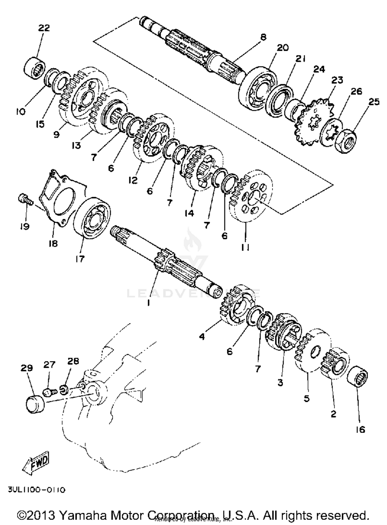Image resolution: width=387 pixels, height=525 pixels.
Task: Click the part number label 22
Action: pyautogui.click(x=44, y=28)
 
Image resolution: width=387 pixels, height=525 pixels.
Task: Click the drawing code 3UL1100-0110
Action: pyautogui.click(x=37, y=490)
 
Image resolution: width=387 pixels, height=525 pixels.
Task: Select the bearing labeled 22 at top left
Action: pyautogui.click(x=34, y=67)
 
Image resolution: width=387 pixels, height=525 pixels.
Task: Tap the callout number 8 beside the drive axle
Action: pyautogui.click(x=263, y=37)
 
